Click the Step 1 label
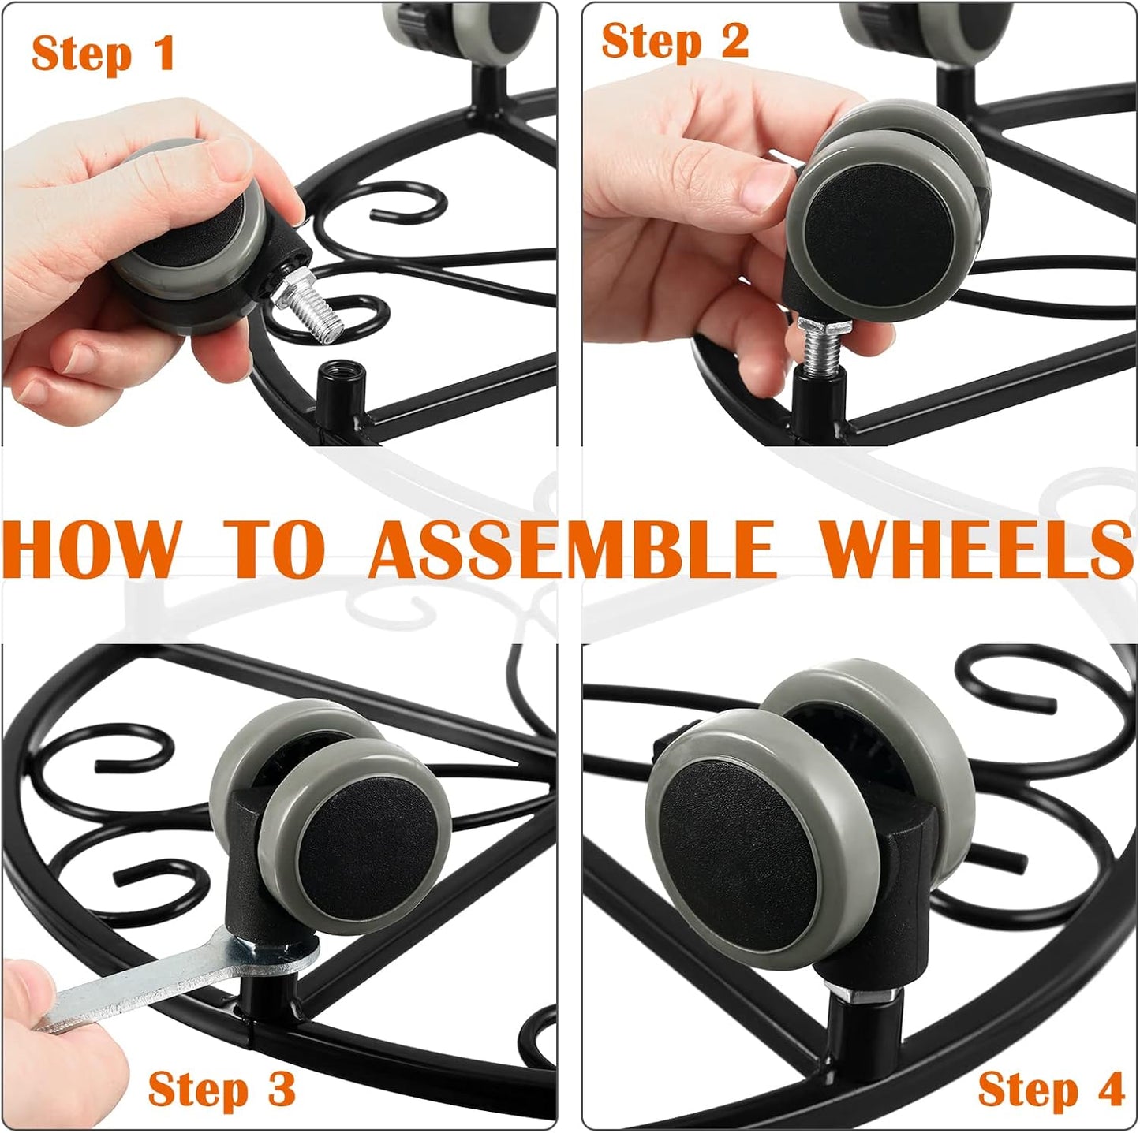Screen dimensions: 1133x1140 103,54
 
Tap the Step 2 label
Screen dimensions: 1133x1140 675,40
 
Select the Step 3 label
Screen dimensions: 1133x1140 221,1090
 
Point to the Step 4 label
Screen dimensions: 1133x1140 1050,1090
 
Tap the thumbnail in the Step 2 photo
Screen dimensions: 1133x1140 761,189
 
